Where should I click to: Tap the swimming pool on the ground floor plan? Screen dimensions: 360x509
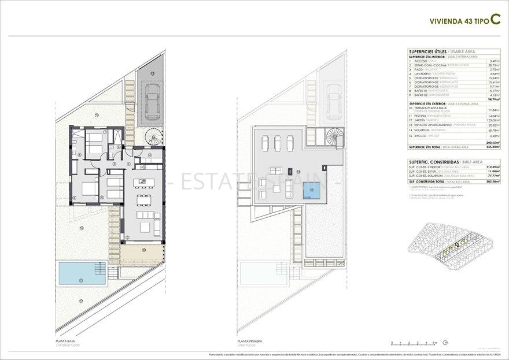(82, 273)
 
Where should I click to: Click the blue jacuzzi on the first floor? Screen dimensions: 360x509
(313, 192)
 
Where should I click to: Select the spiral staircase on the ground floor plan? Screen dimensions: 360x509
(154, 137)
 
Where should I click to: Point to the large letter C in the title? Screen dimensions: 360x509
(495, 20)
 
